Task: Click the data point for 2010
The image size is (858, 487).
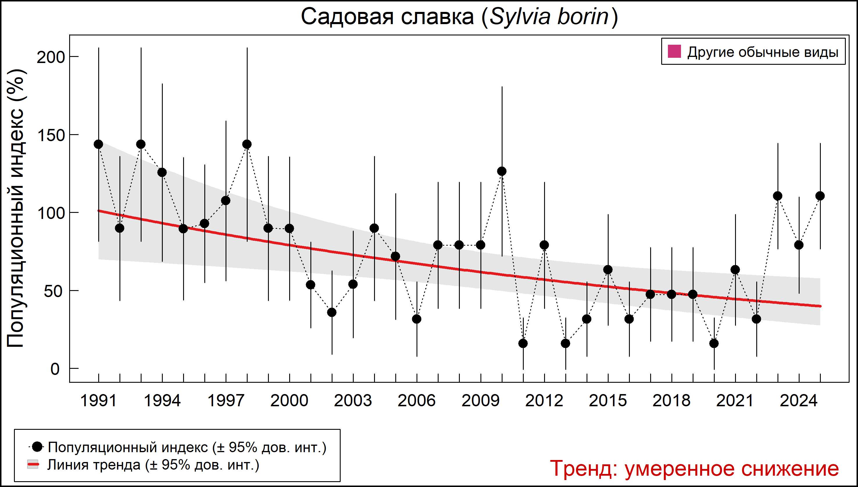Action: (x=501, y=171)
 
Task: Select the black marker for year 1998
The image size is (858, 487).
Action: (x=247, y=144)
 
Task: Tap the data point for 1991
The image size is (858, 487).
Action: (x=99, y=144)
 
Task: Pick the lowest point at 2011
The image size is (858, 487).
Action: (x=523, y=344)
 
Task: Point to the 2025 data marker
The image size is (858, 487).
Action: (x=820, y=196)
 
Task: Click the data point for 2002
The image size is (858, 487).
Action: (x=332, y=312)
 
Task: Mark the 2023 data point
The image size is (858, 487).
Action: (x=778, y=196)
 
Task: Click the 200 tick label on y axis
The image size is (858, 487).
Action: (x=50, y=57)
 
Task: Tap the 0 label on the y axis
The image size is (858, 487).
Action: (x=55, y=369)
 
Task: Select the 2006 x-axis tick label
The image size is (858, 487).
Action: (x=417, y=401)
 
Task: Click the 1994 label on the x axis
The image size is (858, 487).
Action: (x=162, y=401)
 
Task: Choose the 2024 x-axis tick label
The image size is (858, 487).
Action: (x=799, y=401)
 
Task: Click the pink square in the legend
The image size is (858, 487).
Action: (x=674, y=52)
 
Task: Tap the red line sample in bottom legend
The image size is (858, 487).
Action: (x=33, y=465)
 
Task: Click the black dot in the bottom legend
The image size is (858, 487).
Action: (x=38, y=447)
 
